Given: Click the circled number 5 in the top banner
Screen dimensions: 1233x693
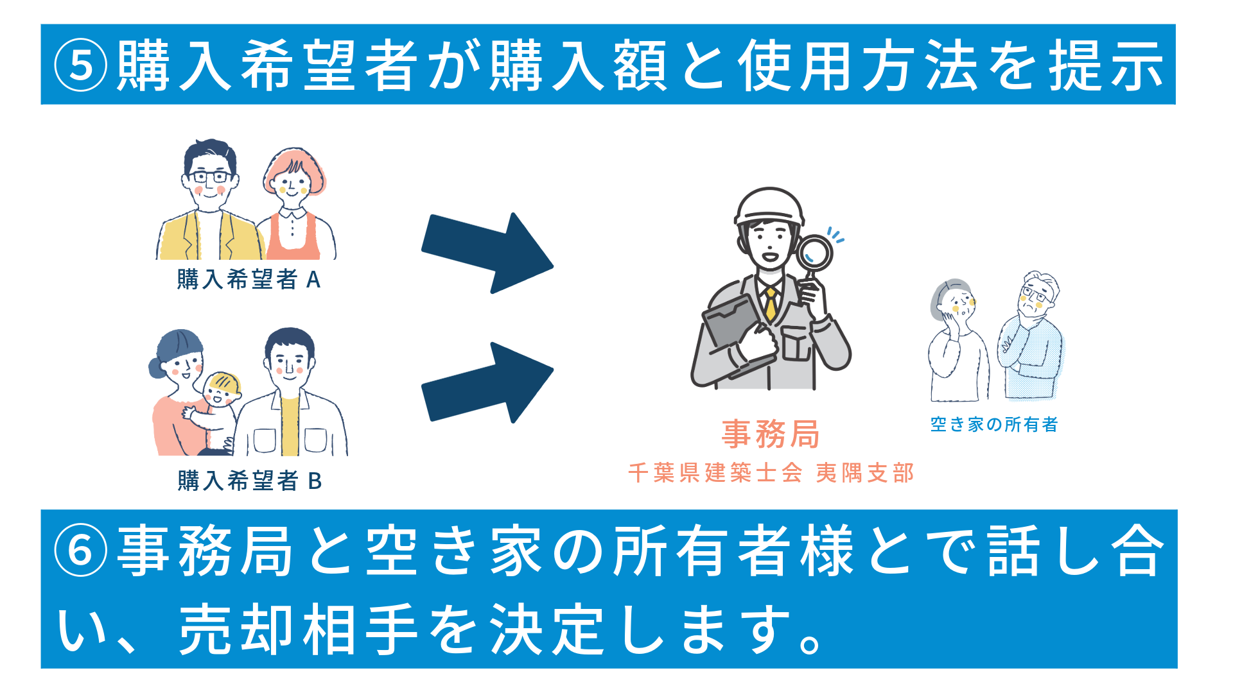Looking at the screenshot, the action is click(80, 65).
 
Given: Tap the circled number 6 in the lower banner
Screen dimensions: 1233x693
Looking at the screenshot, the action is click(80, 550).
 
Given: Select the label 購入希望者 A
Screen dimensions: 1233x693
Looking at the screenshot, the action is click(249, 279).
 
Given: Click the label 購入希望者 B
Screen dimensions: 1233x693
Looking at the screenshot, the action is click(249, 481).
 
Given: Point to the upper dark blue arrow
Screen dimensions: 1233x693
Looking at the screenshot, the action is click(487, 253).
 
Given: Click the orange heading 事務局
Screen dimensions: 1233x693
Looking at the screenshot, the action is click(771, 434).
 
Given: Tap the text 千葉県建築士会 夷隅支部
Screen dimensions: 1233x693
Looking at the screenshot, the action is click(771, 473).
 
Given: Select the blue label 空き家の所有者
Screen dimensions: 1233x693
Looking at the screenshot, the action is click(994, 424).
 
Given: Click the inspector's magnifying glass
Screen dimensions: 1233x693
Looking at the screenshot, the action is click(814, 257).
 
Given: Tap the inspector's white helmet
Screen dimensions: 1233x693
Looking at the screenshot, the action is click(769, 207).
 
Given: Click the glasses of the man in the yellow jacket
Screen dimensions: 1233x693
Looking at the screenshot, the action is click(209, 176).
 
